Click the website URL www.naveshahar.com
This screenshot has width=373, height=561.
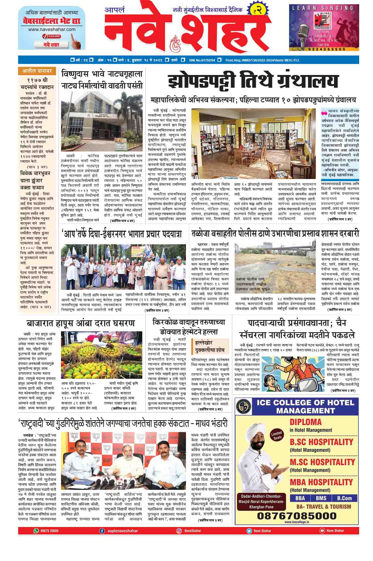coord(52,29)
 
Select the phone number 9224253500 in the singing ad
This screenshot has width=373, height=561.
coord(324,49)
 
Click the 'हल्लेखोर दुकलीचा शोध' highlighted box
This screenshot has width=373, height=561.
coord(210,346)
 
